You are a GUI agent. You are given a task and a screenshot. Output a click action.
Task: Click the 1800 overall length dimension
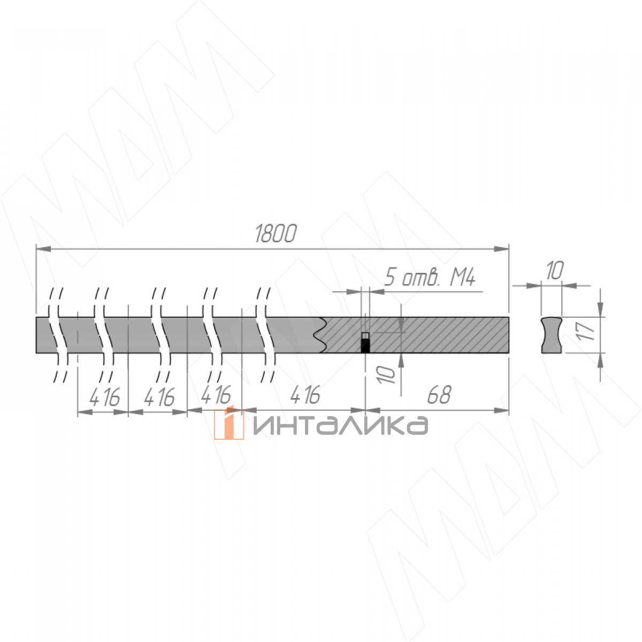(276, 234)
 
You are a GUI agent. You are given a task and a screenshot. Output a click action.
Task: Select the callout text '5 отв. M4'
(430, 277)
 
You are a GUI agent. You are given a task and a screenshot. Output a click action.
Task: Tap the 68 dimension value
(439, 395)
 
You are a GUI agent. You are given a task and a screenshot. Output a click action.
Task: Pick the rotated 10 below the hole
(387, 374)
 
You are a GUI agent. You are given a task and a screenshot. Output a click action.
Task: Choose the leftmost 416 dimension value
(104, 397)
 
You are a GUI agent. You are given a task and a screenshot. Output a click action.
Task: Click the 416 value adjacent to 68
(305, 395)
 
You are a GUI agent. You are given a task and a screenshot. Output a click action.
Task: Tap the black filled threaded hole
(366, 346)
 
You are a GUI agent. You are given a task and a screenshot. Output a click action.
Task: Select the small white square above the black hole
(366, 335)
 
